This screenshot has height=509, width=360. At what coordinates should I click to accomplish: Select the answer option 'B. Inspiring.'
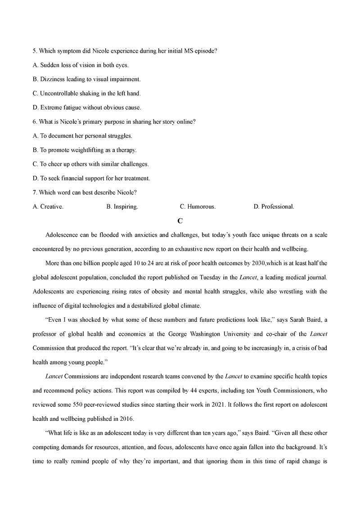click(x=122, y=207)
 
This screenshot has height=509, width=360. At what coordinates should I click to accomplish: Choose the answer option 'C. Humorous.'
click(x=198, y=207)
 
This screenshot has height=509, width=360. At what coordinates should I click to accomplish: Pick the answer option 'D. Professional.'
click(x=274, y=207)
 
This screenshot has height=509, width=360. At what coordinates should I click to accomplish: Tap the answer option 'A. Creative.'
click(x=48, y=207)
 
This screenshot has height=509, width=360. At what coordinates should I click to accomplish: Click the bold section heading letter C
click(x=180, y=221)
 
